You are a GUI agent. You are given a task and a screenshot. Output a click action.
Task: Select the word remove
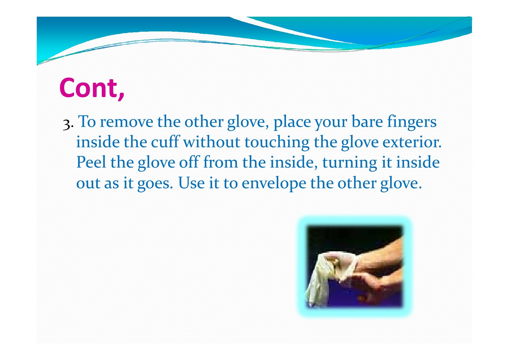[126, 122]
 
